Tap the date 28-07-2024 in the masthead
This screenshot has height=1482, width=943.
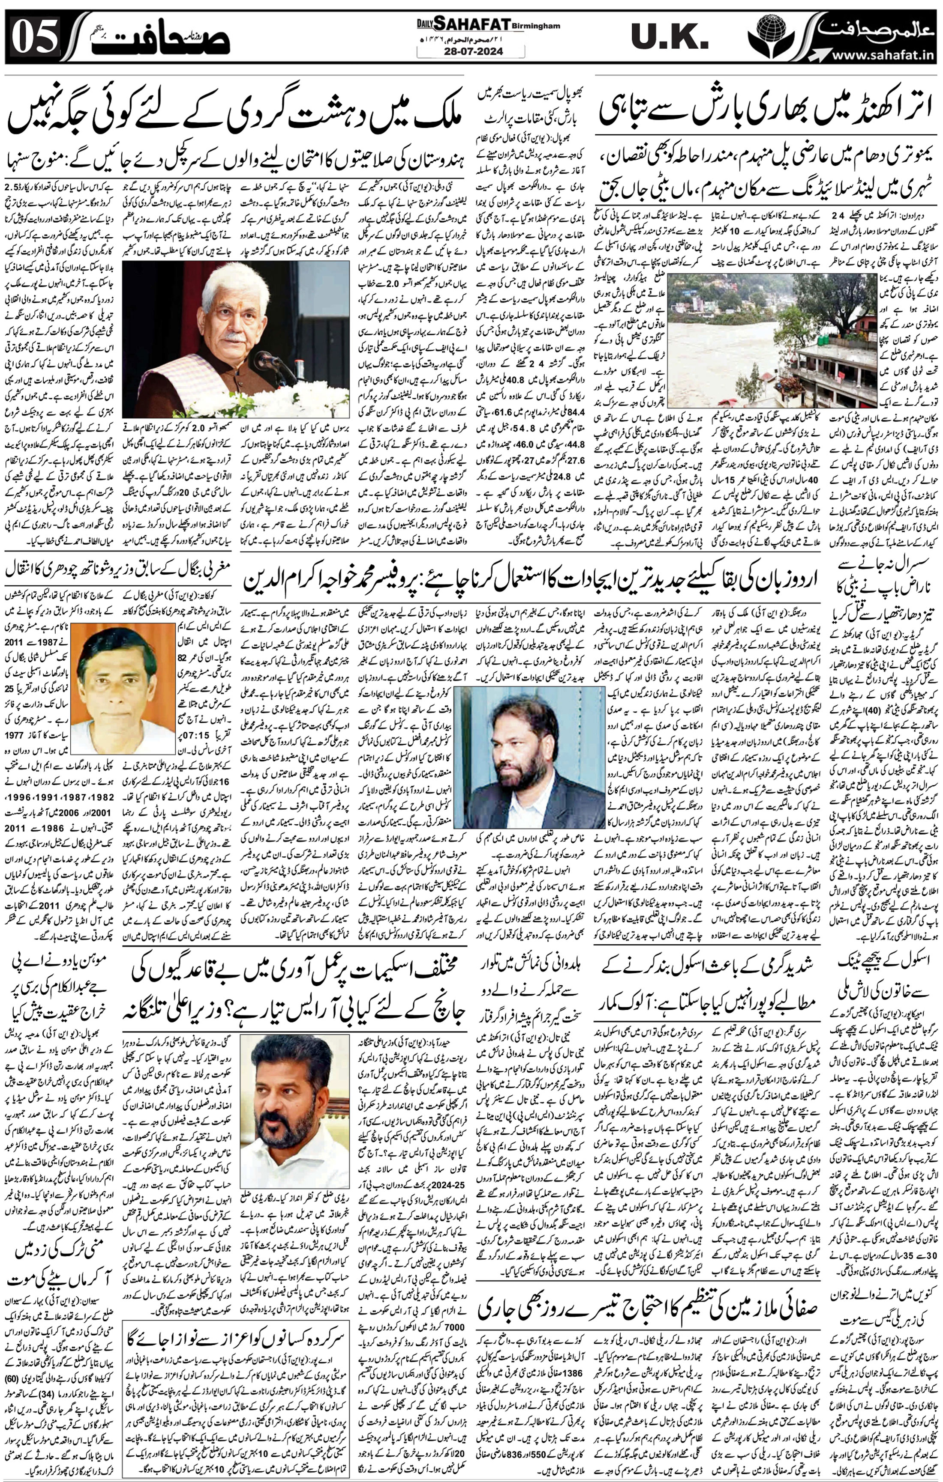pos(471,52)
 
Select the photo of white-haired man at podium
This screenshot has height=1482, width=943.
pos(235,339)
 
